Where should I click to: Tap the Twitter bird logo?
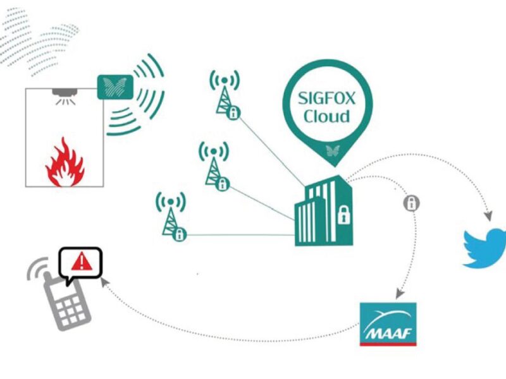485,248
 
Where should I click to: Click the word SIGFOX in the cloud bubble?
327,100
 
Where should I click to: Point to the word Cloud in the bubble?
326,116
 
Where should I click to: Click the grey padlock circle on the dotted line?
412,203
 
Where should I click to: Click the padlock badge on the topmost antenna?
235,113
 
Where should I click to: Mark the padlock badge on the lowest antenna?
180,235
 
